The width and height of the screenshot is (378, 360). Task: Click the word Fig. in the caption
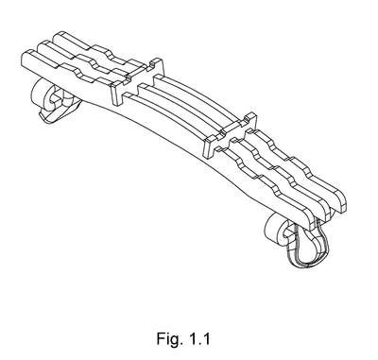[x=170, y=339]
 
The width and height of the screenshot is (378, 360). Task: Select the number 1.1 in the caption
[x=199, y=339]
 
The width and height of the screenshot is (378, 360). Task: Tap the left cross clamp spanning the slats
[x=137, y=81]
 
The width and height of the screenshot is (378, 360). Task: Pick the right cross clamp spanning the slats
[x=231, y=135]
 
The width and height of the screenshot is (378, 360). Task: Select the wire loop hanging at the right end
[x=307, y=245]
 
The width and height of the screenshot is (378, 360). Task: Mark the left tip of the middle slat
[x=41, y=48]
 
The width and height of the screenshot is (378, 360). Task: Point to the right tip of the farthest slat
[x=343, y=201]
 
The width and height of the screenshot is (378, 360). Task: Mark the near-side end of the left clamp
[x=116, y=94]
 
